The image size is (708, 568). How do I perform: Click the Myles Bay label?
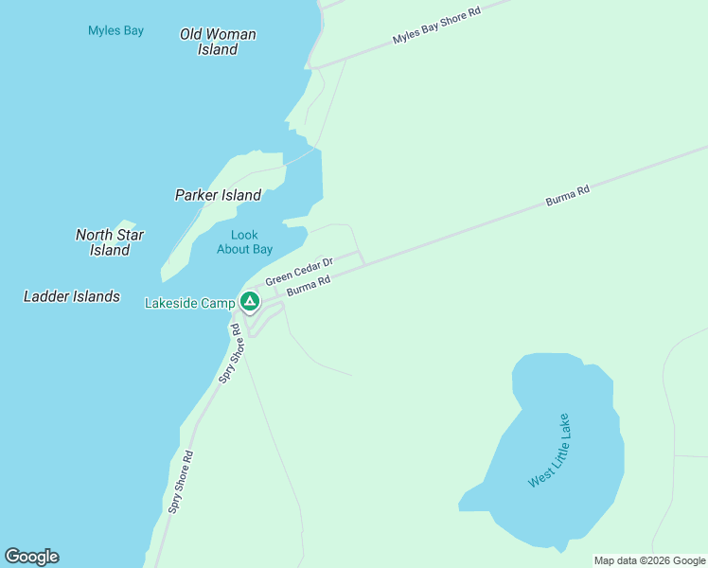pyautogui.click(x=115, y=30)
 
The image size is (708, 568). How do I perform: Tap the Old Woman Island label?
pyautogui.click(x=218, y=42)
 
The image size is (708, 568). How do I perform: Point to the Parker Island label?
pyautogui.click(x=218, y=195)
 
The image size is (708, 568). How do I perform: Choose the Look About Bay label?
pyautogui.click(x=244, y=242)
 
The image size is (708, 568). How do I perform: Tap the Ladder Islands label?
pyautogui.click(x=72, y=296)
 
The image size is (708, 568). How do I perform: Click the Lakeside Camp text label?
pyautogui.click(x=189, y=303)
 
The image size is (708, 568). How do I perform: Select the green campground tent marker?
pyautogui.click(x=250, y=302)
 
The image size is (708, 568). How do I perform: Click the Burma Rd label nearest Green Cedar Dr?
pyautogui.click(x=308, y=284)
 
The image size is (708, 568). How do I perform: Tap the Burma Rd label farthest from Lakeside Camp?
pyautogui.click(x=567, y=196)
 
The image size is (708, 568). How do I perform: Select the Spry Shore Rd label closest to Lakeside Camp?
pyautogui.click(x=230, y=353)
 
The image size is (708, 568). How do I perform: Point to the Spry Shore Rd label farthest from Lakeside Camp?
pyautogui.click(x=181, y=481)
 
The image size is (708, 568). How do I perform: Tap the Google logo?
pyautogui.click(x=31, y=557)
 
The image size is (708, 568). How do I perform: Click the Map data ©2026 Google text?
pyautogui.click(x=649, y=560)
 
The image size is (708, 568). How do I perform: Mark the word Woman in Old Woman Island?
pyautogui.click(x=230, y=34)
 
